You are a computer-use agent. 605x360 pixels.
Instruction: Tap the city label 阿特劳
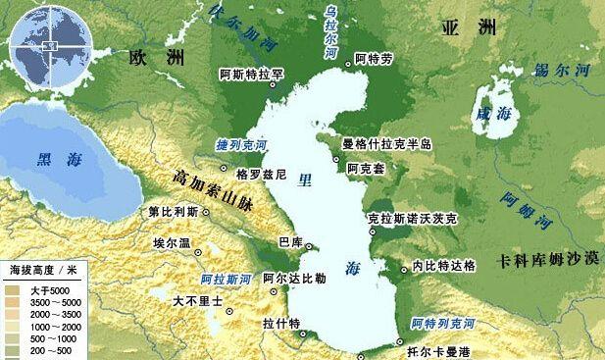tap(373, 59)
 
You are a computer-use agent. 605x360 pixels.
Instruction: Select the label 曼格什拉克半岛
tap(387, 145)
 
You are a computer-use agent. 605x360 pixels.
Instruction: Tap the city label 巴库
tap(290, 241)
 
